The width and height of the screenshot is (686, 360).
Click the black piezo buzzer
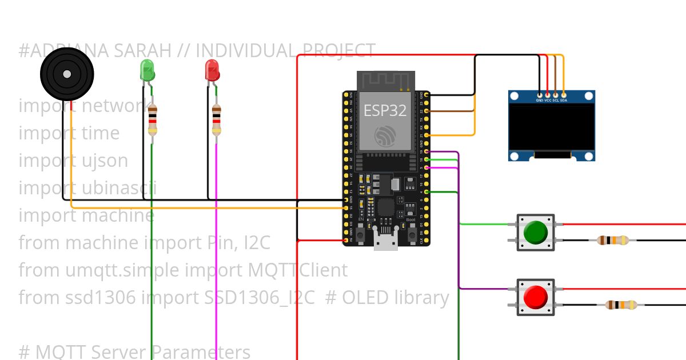click(x=67, y=74)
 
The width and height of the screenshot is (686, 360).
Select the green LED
click(x=147, y=70)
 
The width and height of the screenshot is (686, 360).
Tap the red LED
click(x=212, y=70)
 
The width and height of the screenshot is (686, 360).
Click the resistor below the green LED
click(x=152, y=120)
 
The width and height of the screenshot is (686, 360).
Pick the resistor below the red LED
click(x=216, y=120)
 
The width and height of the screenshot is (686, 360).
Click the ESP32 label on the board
click(x=385, y=110)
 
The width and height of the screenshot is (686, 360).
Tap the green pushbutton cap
click(x=535, y=231)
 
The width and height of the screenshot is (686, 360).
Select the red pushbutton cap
click(x=535, y=296)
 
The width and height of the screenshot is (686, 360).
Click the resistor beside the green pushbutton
click(x=612, y=241)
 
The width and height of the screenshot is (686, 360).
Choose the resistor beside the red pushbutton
click(x=621, y=305)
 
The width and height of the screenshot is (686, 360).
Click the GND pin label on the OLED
click(x=540, y=100)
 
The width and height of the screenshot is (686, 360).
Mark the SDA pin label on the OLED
click(x=564, y=100)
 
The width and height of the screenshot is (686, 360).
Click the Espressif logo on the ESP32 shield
click(x=385, y=136)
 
